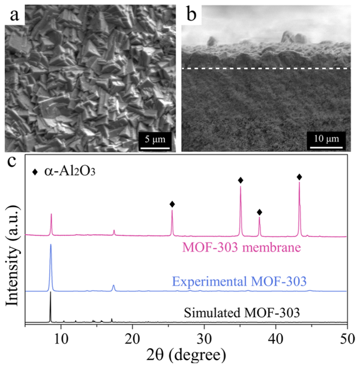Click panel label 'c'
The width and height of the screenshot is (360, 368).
coord(11,163)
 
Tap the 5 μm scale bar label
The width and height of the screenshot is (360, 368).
coord(155,140)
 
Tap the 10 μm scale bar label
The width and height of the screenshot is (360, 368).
coord(327,140)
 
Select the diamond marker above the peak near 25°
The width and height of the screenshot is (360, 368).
coord(172,204)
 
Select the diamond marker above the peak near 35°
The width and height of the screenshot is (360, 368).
coord(241,180)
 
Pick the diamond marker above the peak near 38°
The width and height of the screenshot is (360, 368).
coord(260,212)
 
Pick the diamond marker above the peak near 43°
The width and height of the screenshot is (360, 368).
coord(299,176)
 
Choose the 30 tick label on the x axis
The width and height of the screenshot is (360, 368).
coord(204,337)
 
